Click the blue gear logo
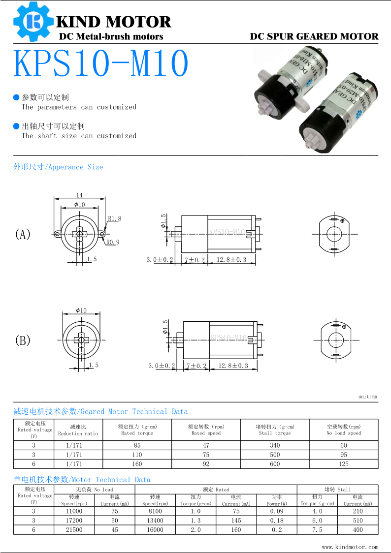33,22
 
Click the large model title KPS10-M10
101,63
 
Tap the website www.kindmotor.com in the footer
350,547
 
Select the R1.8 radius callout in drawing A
114,218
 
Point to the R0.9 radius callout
113,242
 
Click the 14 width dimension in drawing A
79,195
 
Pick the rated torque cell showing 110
137,455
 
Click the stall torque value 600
275,464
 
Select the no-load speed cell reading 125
344,464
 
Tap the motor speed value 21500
74,530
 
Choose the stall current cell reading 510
358,521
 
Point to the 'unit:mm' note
367,397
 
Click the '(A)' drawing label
23,234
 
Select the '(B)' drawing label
23,340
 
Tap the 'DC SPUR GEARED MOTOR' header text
314,36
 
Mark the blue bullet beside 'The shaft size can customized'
16,126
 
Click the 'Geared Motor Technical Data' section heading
100,411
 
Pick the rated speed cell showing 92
206,464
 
